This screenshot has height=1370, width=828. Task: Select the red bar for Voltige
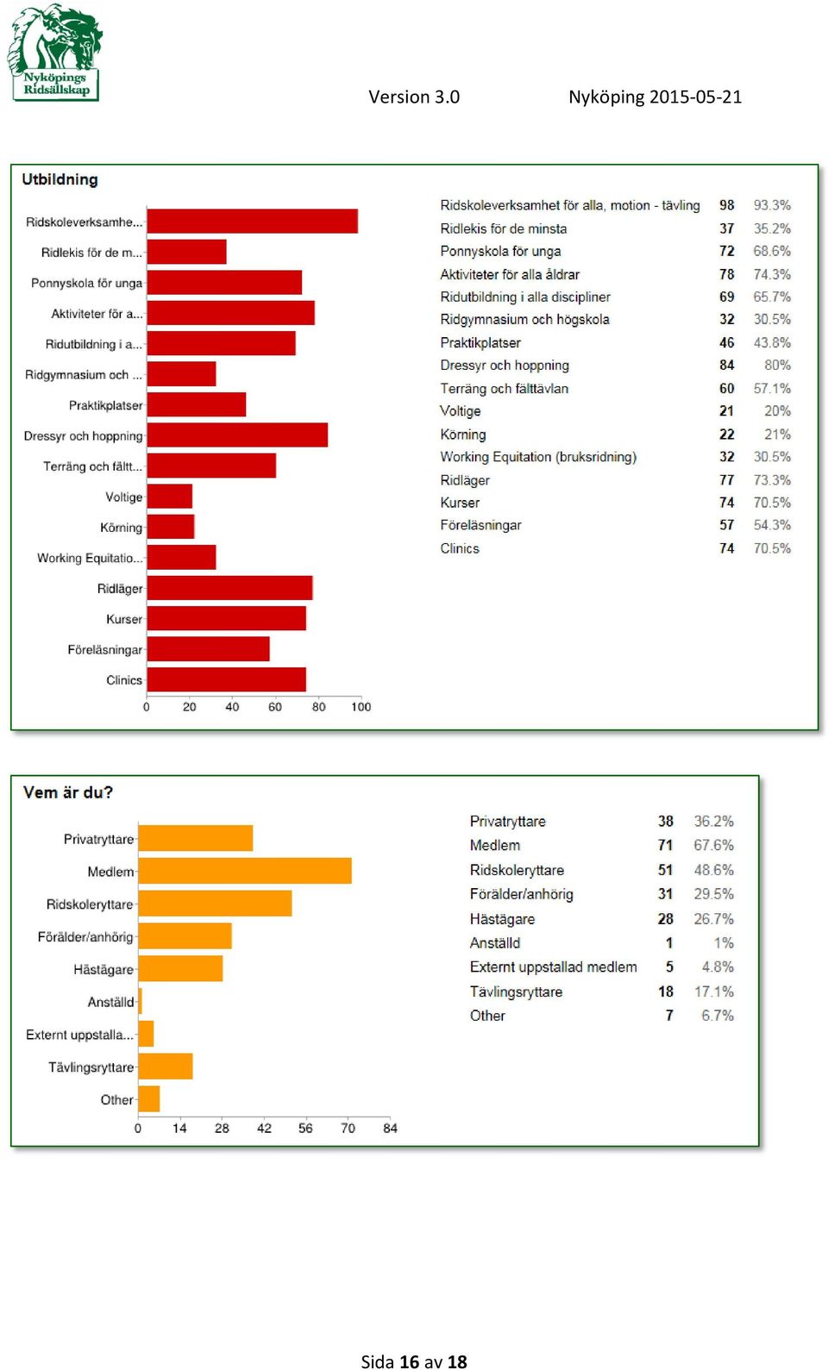click(x=170, y=496)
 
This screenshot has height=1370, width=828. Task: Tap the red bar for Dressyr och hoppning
click(x=237, y=435)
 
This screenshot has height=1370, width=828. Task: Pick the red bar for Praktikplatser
click(x=197, y=404)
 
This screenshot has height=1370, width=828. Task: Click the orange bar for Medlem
click(x=245, y=870)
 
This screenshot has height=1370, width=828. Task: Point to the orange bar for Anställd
click(x=140, y=1001)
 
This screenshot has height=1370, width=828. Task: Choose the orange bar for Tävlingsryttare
click(x=166, y=1066)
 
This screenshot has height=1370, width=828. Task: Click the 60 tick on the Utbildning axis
click(x=275, y=707)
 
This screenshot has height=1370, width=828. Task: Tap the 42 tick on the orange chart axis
click(x=264, y=1128)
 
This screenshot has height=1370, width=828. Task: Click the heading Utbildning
click(x=60, y=179)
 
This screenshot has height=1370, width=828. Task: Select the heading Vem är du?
click(x=68, y=792)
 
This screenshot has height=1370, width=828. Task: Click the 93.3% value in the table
click(x=772, y=205)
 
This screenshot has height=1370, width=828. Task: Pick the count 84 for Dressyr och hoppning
click(x=726, y=365)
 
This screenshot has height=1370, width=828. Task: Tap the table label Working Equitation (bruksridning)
click(x=538, y=457)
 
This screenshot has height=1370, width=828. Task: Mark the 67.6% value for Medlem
click(x=713, y=845)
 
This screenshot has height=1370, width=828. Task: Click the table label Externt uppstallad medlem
click(x=553, y=967)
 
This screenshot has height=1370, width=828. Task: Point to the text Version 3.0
click(x=414, y=97)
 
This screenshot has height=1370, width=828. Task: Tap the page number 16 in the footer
click(x=410, y=1361)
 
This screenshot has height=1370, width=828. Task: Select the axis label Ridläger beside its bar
click(x=120, y=588)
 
